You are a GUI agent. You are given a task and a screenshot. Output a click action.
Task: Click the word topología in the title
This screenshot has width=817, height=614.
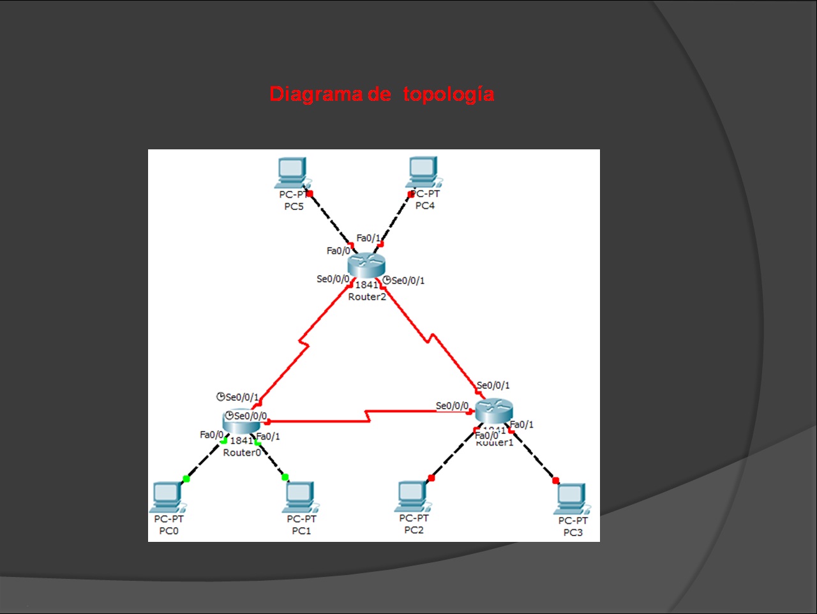448,94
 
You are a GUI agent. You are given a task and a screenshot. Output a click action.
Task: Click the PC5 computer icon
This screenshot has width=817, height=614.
292,171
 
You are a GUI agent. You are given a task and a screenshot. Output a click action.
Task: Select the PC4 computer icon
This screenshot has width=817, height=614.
423,170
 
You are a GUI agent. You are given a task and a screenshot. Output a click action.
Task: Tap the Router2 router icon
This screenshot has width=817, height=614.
367,264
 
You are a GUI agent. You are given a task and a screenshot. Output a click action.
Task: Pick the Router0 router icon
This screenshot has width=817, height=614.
241,421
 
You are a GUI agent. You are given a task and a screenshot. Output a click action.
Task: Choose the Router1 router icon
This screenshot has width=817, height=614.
494,411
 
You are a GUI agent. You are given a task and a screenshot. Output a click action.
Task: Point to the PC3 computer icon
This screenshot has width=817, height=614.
573,498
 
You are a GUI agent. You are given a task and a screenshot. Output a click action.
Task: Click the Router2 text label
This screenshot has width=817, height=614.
367,297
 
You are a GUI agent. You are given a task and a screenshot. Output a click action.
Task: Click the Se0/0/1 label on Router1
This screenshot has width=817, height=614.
493,386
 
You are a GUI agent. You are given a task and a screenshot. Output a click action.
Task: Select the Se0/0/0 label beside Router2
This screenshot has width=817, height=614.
333,279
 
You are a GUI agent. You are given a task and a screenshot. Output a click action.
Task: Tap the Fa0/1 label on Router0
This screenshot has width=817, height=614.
268,437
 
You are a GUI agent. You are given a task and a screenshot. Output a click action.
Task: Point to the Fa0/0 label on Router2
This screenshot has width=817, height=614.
338,251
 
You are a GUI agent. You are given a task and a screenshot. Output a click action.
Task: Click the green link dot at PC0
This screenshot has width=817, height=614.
186,478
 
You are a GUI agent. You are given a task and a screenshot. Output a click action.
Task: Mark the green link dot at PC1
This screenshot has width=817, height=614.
285,477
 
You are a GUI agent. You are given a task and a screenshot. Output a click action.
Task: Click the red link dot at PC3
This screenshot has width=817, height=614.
555,481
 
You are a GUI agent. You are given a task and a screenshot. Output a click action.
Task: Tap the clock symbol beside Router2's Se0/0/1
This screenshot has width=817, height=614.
387,280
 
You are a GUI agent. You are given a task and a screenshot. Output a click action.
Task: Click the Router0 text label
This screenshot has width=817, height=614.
242,453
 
